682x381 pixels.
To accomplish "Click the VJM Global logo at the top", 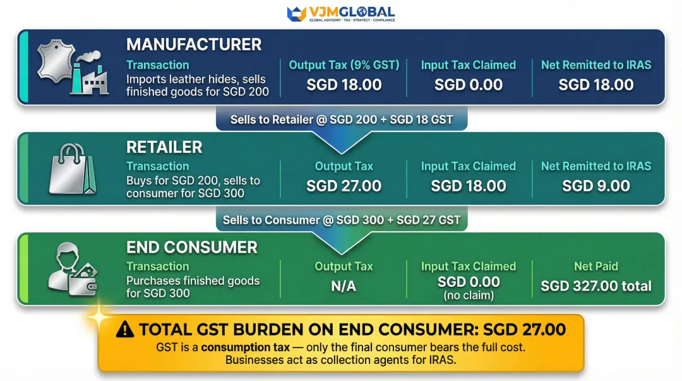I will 341,13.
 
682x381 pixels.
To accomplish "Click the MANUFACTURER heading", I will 194,45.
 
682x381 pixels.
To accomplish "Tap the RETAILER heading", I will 164,147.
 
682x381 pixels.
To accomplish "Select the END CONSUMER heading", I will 192,247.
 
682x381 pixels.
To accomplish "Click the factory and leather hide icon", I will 71,68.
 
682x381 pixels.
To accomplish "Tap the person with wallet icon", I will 73,269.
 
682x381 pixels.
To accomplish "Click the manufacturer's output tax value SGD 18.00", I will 344,85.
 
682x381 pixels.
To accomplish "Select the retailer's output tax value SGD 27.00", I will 344,186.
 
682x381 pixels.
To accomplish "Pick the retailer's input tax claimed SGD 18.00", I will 469,186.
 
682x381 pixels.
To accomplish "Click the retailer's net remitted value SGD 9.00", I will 596,186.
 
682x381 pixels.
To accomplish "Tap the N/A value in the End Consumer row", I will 344,286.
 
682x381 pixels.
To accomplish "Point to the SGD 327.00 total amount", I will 596,286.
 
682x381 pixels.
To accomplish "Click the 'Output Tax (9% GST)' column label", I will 344,65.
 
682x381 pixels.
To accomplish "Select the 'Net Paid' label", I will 596,267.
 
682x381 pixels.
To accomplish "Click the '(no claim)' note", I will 469,295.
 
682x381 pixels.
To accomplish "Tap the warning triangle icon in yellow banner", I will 125,329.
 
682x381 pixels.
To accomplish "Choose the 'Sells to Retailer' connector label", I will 341,119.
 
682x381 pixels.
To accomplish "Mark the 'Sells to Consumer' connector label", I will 341,220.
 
